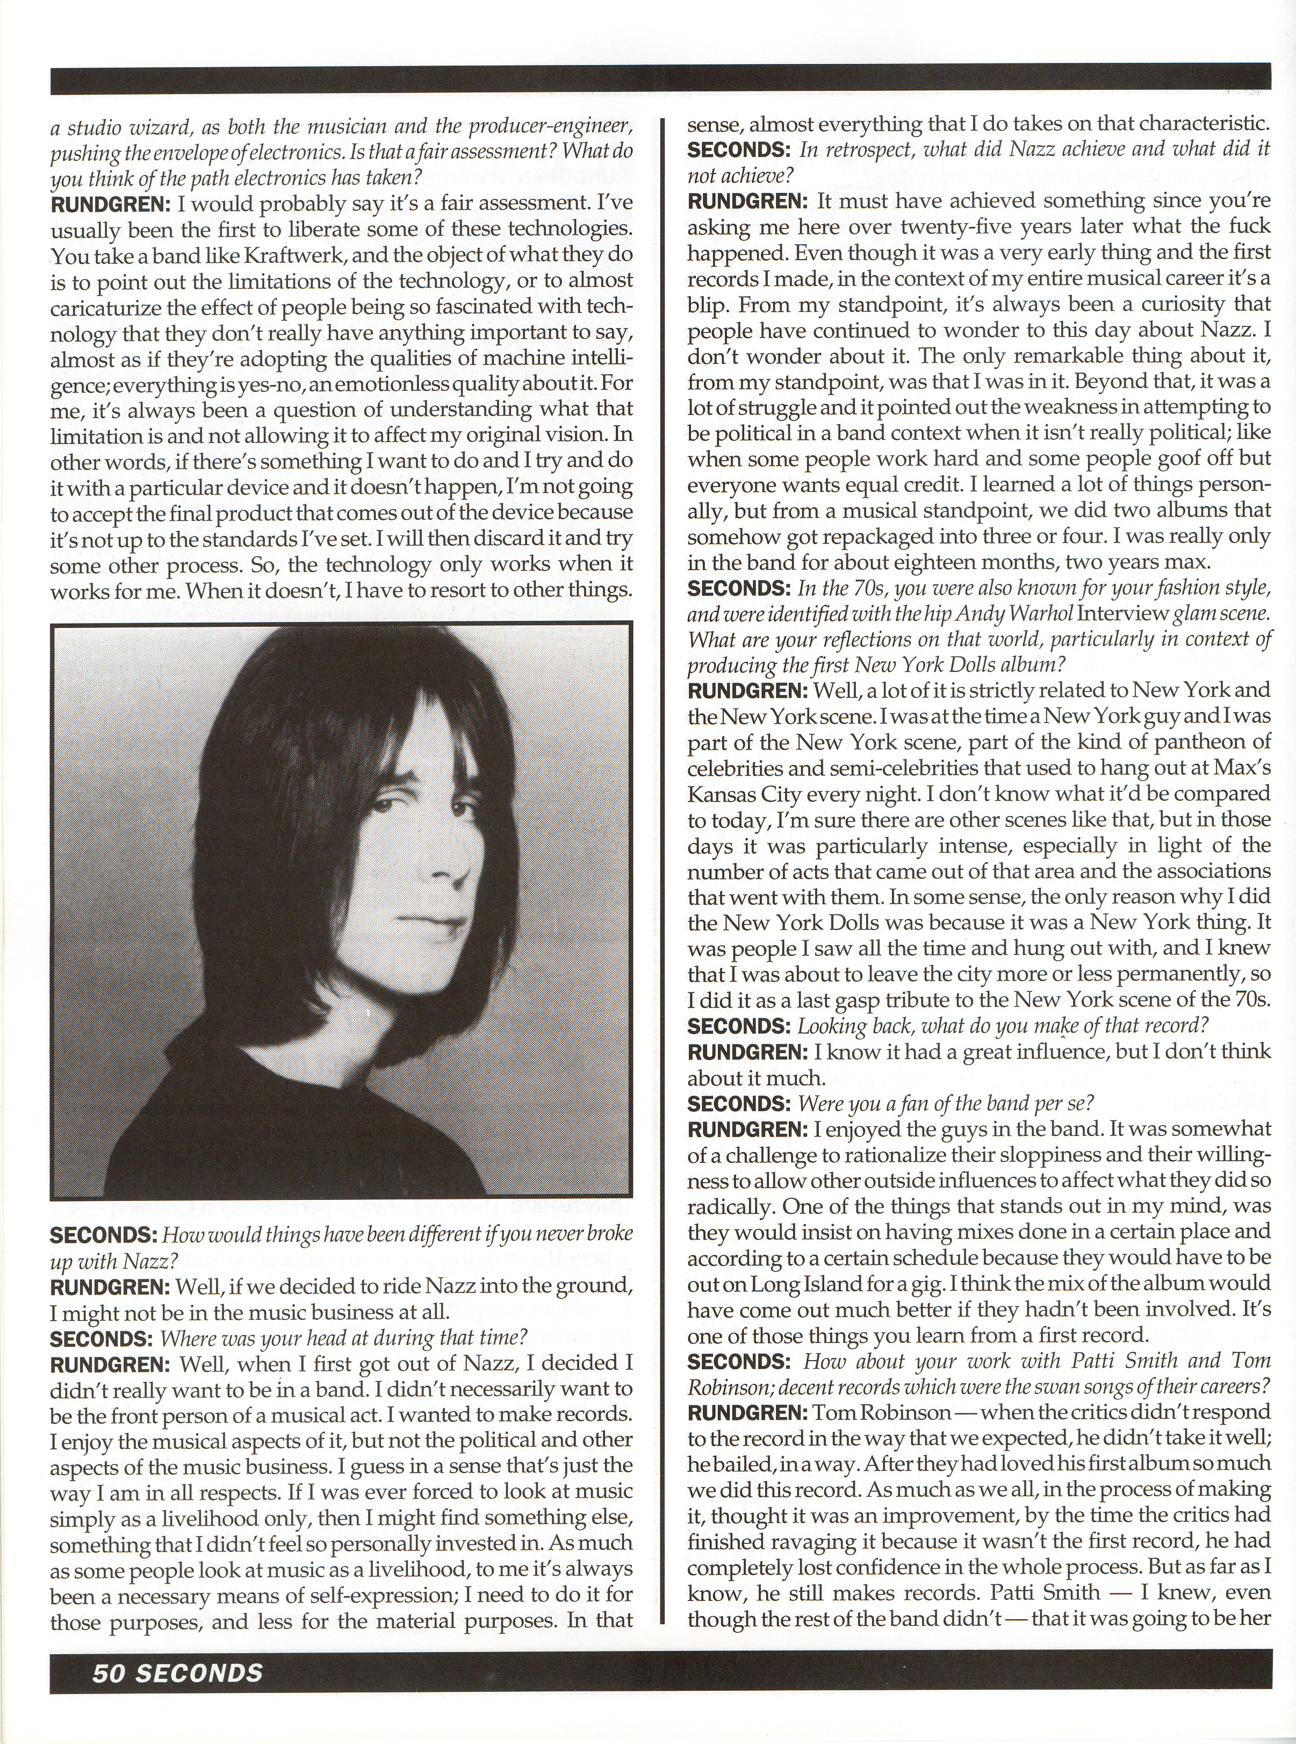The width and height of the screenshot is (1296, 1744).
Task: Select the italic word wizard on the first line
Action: (133, 126)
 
